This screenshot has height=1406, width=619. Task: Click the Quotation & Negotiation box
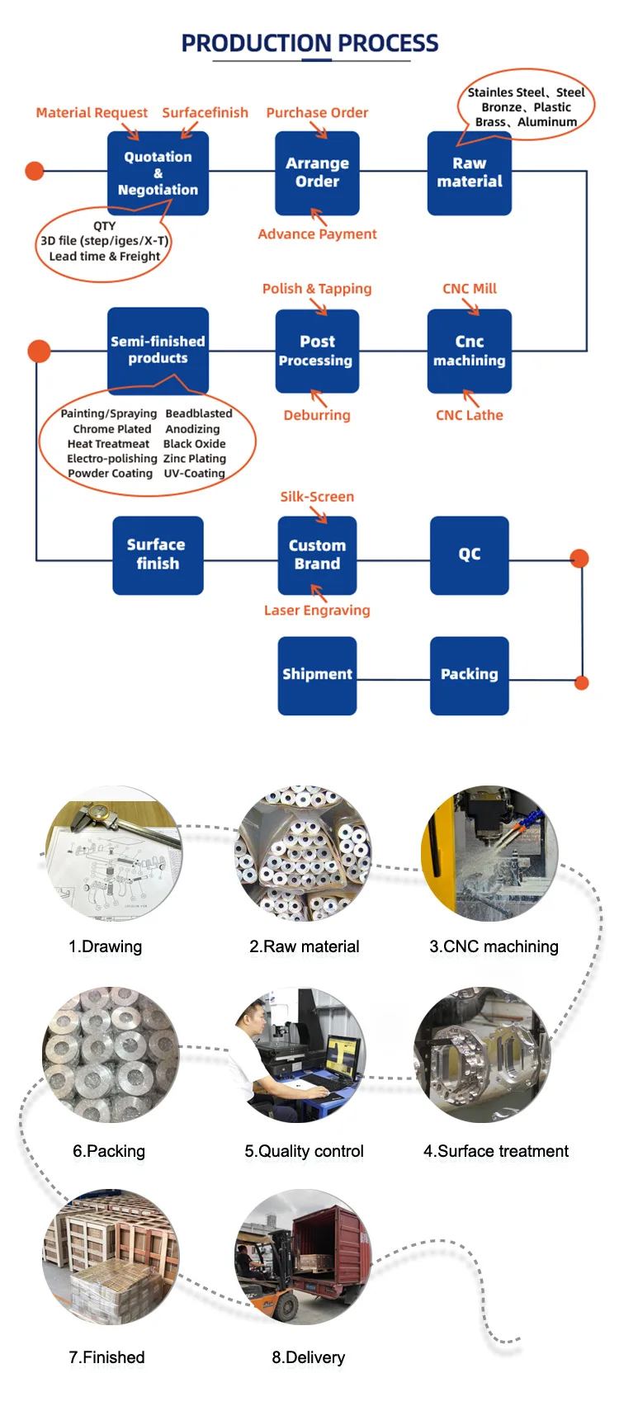tap(158, 173)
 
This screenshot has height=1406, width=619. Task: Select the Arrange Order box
tap(317, 173)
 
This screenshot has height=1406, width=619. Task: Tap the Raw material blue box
tap(470, 173)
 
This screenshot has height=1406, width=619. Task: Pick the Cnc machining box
tap(470, 351)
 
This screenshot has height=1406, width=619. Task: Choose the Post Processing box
tap(317, 351)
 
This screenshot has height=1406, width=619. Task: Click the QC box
tap(470, 554)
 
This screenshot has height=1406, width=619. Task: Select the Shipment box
tap(317, 675)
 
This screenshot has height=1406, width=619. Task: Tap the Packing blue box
tap(470, 675)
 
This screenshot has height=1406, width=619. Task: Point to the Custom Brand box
tap(317, 554)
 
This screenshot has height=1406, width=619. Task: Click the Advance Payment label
tap(317, 234)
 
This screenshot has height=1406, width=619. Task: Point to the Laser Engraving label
tap(317, 611)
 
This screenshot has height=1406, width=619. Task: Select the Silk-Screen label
tap(317, 497)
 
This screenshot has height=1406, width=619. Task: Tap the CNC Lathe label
tap(470, 415)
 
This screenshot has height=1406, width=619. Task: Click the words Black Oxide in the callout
tap(194, 444)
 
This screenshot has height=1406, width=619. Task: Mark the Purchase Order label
tap(317, 113)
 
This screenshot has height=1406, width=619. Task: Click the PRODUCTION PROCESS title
tap(309, 43)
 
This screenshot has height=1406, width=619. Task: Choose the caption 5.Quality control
tap(304, 1151)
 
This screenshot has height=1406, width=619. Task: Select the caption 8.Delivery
tap(309, 1357)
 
